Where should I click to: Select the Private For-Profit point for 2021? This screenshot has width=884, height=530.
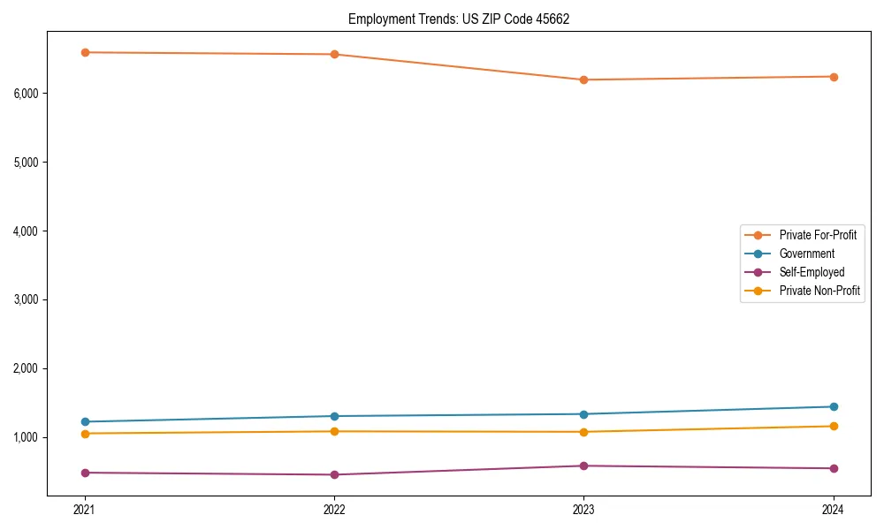[x=85, y=52]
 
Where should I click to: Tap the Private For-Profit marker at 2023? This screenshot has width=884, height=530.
[x=583, y=79]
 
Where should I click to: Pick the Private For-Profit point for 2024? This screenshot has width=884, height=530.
[x=834, y=77]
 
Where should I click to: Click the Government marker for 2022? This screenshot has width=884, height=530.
[x=334, y=416]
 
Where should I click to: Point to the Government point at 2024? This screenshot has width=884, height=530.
[x=834, y=406]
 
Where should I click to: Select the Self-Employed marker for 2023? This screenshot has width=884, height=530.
[x=583, y=466]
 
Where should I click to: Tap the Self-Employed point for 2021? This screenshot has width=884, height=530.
[x=85, y=473]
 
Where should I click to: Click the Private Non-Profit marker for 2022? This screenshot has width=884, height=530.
[x=334, y=431]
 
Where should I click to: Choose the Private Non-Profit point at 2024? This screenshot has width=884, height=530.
[x=834, y=427]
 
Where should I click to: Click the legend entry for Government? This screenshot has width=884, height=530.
[x=806, y=254]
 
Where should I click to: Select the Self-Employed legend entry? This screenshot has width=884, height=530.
[x=812, y=272]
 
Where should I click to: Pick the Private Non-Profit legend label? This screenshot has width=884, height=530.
[x=819, y=291]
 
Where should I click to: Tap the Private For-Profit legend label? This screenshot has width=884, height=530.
[x=818, y=235]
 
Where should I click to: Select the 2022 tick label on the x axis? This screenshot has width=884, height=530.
[x=334, y=509]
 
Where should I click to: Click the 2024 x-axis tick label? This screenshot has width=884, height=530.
[x=834, y=509]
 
